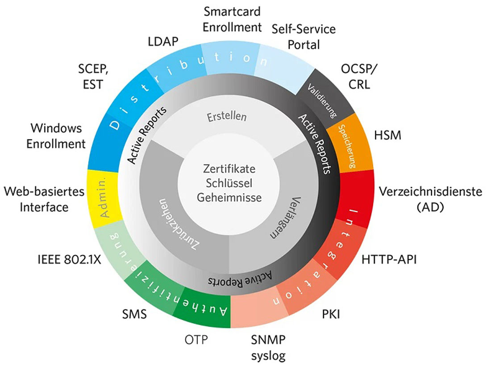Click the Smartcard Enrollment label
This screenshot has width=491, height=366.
click(x=232, y=19)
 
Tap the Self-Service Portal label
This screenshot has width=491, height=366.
click(x=304, y=37)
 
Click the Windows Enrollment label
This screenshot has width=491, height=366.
click(x=58, y=136)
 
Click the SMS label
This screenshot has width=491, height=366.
click(x=134, y=315)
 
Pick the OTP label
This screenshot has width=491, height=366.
click(x=197, y=341)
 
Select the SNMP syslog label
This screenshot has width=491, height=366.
click(x=268, y=348)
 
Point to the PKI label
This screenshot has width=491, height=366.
click(x=331, y=315)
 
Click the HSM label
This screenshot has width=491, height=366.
click(x=389, y=135)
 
